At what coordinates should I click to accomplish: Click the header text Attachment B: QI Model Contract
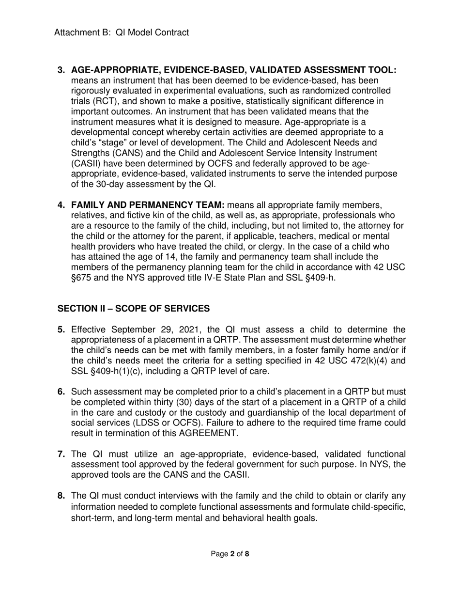pyautogui.click(x=122, y=33)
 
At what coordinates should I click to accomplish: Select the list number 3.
pyautogui.click(x=61, y=70)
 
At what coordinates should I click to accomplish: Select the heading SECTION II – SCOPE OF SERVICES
pyautogui.click(x=134, y=309)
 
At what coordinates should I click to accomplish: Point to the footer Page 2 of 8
pyautogui.click(x=230, y=554)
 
